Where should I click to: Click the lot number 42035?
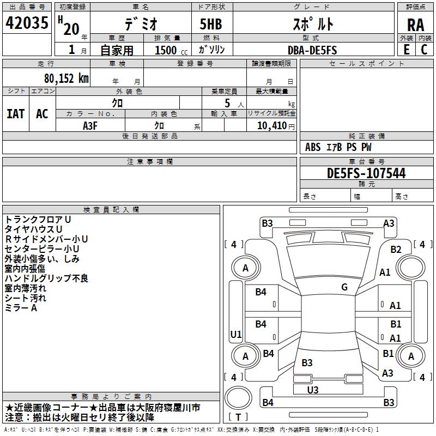pyautogui.click(x=26, y=24)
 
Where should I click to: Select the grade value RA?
pyautogui.click(x=415, y=25)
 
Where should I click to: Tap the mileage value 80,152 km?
pyautogui.click(x=66, y=78)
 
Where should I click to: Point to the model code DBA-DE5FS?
pyautogui.click(x=312, y=50)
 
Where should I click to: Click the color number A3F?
pyautogui.click(x=90, y=125)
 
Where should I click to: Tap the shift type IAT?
pyautogui.click(x=15, y=113)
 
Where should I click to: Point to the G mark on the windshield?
pyautogui.click(x=344, y=287)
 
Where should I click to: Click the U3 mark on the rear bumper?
pyautogui.click(x=313, y=390)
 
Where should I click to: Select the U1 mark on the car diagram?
pyautogui.click(x=236, y=334)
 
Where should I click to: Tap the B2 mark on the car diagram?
pyautogui.click(x=396, y=250)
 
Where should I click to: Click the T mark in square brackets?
pyautogui.click(x=238, y=417)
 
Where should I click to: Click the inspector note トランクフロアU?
pyautogui.click(x=38, y=219)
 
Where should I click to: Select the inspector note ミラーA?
pyautogui.click(x=21, y=308)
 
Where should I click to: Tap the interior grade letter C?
pyautogui.click(x=424, y=50)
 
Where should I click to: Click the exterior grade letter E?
pyautogui.click(x=406, y=50)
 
